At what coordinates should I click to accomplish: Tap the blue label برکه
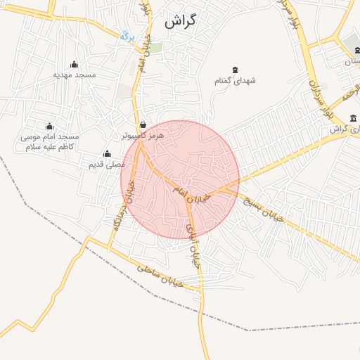click(x=126, y=35)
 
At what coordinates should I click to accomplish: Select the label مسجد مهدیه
click(x=75, y=75)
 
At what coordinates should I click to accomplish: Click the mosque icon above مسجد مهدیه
click(x=75, y=64)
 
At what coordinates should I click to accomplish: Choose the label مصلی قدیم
click(x=105, y=164)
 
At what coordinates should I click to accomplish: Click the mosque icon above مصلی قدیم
click(x=107, y=153)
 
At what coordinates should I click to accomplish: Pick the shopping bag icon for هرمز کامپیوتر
click(x=143, y=124)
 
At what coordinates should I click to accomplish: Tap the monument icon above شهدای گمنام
click(x=235, y=70)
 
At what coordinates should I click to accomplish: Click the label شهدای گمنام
click(x=235, y=81)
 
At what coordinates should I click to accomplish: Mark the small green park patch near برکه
click(x=157, y=47)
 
